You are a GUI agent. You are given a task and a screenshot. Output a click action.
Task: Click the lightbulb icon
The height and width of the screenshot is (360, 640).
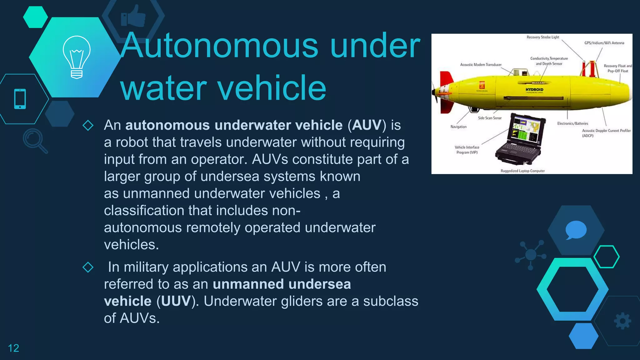click(x=77, y=57)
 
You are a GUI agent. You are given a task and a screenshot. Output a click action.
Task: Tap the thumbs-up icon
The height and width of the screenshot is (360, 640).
click(x=133, y=16)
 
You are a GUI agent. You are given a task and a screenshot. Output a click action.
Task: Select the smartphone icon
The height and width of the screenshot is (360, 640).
click(x=20, y=99)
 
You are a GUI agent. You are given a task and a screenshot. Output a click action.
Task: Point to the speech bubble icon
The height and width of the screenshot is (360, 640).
click(x=576, y=230)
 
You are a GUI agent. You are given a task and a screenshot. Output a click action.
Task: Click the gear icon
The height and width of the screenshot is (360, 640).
click(x=622, y=321)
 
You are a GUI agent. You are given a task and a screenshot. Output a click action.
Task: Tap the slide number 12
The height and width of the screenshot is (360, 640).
click(x=13, y=348)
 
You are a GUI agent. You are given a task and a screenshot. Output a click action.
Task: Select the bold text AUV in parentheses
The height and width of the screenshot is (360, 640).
click(x=367, y=125)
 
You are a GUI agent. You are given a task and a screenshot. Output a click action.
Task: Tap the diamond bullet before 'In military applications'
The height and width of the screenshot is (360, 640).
click(x=88, y=267)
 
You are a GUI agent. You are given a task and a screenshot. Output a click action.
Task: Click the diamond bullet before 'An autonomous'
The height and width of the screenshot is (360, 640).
click(x=88, y=125)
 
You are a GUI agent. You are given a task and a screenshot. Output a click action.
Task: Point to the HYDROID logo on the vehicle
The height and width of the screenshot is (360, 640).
click(x=534, y=90)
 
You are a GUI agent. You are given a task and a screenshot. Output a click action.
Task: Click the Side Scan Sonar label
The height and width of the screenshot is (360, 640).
click(x=490, y=118)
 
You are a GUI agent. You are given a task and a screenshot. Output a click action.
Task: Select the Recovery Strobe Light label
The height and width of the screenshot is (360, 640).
click(x=543, y=37)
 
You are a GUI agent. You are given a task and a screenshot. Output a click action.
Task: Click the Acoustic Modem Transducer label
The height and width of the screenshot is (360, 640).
click(x=481, y=65)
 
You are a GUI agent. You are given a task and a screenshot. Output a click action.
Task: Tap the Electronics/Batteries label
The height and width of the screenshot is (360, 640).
click(x=572, y=123)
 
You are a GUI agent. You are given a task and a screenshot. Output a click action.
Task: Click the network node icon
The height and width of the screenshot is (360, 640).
click(x=531, y=255)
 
